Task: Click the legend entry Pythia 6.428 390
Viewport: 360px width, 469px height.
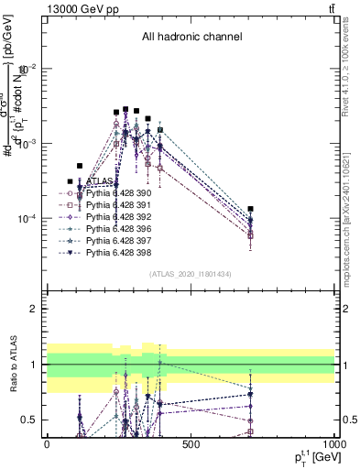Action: pos(115,194)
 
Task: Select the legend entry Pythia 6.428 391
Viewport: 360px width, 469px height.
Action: pos(115,206)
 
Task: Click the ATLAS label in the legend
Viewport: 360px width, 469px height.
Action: pos(100,181)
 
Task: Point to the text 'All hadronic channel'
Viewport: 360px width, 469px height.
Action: pos(191,38)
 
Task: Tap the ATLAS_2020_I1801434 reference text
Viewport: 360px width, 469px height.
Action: pos(191,274)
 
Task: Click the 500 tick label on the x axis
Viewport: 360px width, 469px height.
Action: pos(191,444)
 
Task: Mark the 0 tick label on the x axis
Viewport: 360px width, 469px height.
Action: pos(47,444)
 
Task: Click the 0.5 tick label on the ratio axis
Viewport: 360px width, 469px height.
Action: pos(31,420)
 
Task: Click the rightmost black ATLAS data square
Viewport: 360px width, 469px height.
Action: pos(250,209)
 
